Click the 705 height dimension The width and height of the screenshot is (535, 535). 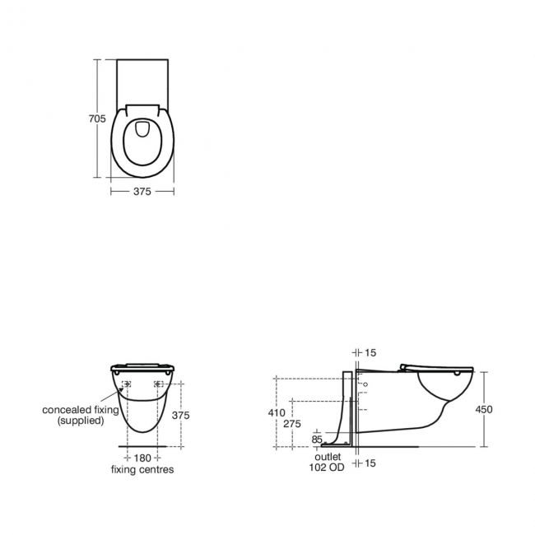click(x=96, y=119)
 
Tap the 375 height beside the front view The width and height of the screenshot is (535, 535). click(x=180, y=416)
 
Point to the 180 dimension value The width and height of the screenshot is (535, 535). click(x=143, y=458)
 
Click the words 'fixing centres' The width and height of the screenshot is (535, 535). click(x=142, y=469)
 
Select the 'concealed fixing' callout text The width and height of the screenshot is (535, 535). click(x=81, y=409)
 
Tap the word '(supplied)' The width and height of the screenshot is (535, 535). click(x=81, y=421)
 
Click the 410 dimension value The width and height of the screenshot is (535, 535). click(x=277, y=412)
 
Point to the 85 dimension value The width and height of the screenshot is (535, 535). click(x=318, y=440)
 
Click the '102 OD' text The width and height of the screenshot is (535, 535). click(x=328, y=467)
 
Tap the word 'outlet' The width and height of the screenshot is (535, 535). click(x=327, y=456)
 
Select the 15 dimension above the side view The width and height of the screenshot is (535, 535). click(x=370, y=353)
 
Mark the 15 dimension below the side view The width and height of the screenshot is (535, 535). click(x=370, y=464)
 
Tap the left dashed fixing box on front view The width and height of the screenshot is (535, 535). click(x=127, y=384)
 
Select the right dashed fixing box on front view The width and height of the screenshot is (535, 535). click(x=158, y=384)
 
